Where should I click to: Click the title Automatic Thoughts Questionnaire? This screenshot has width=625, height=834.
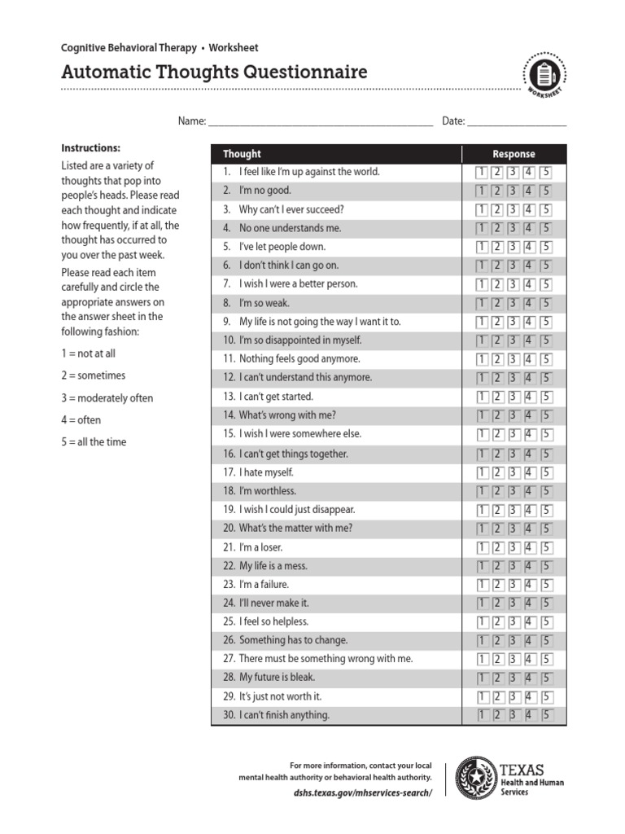coord(214,72)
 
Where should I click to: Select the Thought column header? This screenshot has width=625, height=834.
coord(242,154)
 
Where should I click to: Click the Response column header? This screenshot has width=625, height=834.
coord(514,154)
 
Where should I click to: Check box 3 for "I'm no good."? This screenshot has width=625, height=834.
coord(513,191)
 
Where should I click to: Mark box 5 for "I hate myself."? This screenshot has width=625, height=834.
coord(546,472)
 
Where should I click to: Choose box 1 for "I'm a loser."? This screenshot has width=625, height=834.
coord(481,547)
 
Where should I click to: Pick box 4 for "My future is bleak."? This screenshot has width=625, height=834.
coord(529,678)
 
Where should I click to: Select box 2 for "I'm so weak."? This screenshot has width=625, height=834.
coord(497,303)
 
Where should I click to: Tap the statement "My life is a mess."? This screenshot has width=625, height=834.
coord(273,566)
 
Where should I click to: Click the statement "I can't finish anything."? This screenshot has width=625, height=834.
coord(284,716)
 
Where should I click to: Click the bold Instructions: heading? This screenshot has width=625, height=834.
coord(91,148)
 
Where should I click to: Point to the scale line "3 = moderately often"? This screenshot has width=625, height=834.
coord(107,398)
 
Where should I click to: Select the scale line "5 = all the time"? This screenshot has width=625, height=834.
coord(94,442)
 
